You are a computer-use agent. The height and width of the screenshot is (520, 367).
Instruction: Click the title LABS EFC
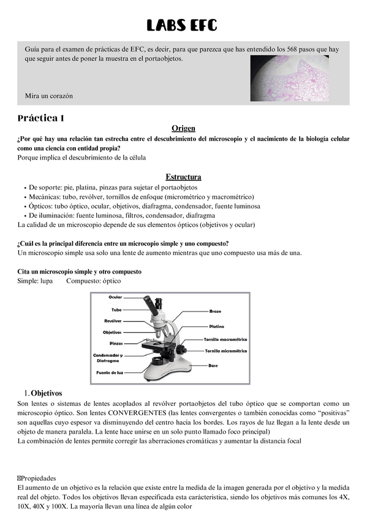tap(183, 26)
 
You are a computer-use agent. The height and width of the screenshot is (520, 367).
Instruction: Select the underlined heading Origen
tap(183, 128)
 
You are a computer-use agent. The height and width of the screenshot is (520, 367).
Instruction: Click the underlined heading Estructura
tap(183, 177)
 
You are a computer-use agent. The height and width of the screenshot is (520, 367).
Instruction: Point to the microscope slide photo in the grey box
tap(289, 78)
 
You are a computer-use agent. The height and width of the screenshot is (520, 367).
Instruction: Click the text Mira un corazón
tap(48, 96)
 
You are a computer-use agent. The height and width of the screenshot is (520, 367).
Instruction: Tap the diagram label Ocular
tap(115, 297)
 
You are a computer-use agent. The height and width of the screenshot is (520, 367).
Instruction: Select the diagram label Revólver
tap(113, 321)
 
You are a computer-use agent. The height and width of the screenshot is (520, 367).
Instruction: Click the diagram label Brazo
tap(216, 312)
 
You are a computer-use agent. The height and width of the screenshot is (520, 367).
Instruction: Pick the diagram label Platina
tap(216, 326)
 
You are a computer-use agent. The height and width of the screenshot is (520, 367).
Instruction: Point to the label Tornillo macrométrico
tap(225, 339)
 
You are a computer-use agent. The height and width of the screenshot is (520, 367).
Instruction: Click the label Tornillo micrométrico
tap(225, 351)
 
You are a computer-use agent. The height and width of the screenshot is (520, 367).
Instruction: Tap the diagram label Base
tap(213, 365)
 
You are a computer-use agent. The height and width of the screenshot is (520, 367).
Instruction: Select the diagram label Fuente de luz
tap(110, 372)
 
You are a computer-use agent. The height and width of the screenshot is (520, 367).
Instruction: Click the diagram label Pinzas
tap(116, 343)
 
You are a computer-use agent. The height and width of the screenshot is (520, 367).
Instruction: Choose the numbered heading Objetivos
tap(47, 392)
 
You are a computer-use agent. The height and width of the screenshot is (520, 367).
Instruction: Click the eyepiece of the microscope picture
tap(150, 301)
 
